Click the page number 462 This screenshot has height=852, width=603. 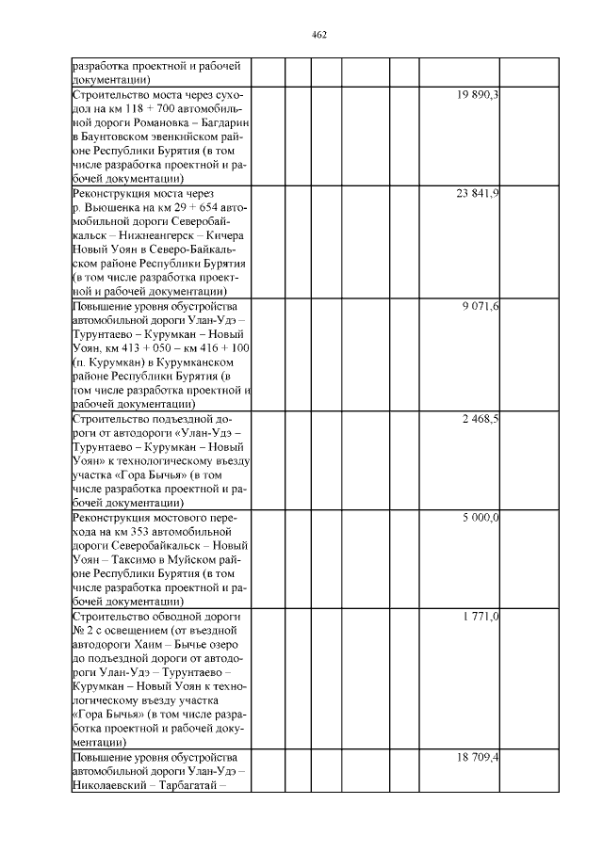click(318, 35)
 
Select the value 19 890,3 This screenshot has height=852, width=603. click(478, 96)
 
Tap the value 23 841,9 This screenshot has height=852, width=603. click(478, 194)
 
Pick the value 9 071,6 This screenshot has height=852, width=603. click(481, 307)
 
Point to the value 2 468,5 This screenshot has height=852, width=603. click(481, 418)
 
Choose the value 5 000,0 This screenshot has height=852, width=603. click(481, 518)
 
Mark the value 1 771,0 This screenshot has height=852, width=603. click(481, 617)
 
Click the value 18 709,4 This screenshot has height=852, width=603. click(478, 757)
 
